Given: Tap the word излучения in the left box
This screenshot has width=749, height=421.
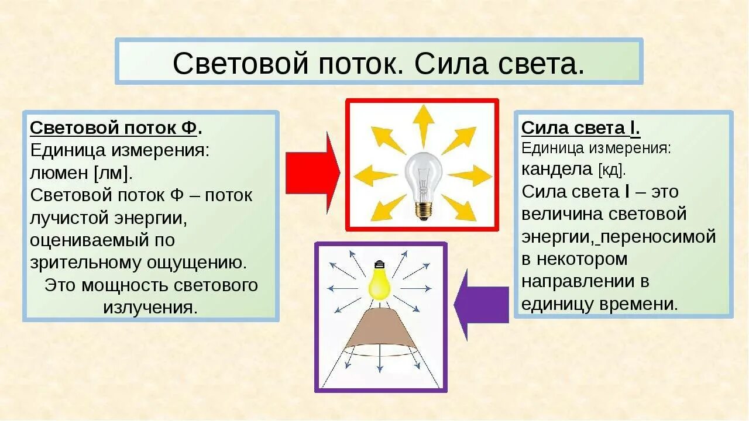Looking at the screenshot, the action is [x=150, y=308].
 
